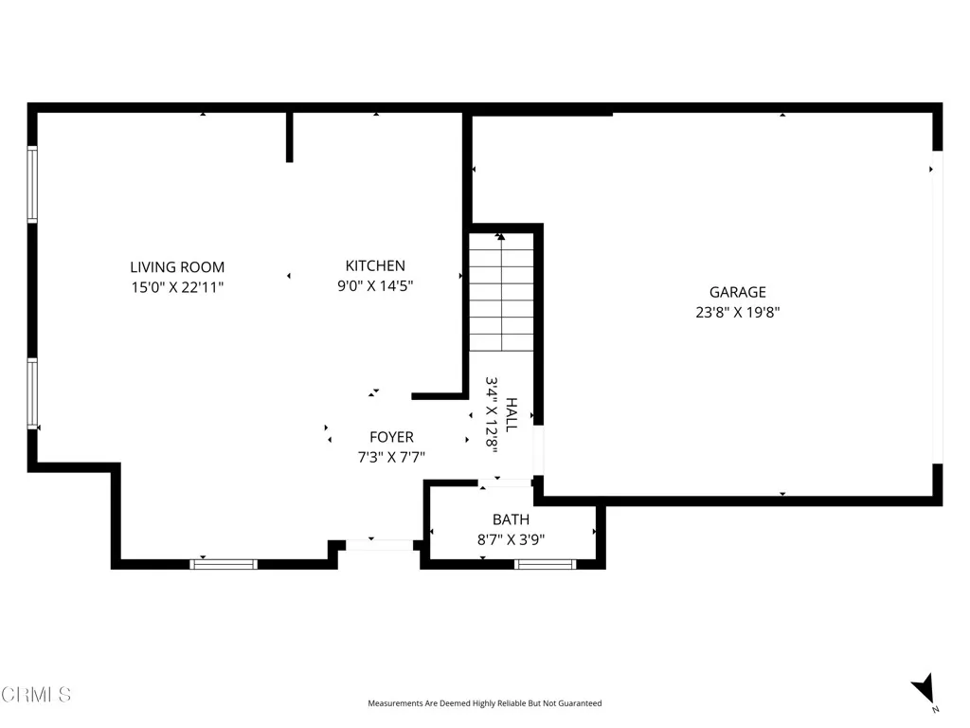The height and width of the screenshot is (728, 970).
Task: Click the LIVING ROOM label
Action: (177, 267)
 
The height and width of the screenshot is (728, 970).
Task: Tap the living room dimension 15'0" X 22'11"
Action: (177, 286)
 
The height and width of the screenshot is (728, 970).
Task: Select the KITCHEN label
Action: (375, 266)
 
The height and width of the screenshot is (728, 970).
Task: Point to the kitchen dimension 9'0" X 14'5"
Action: (375, 284)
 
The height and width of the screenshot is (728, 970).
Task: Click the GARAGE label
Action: (737, 293)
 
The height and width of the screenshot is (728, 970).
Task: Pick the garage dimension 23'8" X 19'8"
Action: (737, 311)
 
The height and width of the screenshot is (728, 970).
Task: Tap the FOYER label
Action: (391, 438)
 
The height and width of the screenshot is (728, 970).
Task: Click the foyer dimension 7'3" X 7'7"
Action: (391, 457)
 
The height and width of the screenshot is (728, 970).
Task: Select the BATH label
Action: (511, 520)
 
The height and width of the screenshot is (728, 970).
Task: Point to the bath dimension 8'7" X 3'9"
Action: (511, 540)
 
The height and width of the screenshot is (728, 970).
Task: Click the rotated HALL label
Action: (512, 415)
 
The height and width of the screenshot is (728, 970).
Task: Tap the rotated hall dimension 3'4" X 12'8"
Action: (493, 415)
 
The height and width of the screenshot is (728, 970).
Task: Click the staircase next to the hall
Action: (501, 293)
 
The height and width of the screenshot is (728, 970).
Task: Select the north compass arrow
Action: (923, 689)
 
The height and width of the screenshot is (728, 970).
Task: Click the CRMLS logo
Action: (36, 695)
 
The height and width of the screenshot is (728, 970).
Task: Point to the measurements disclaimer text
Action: (484, 703)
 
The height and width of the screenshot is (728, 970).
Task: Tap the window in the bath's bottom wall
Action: (545, 564)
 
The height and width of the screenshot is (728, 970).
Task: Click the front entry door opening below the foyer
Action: (379, 545)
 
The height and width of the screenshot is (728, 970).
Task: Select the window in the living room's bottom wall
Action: (224, 564)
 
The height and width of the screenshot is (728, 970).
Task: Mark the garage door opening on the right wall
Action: (937, 307)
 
